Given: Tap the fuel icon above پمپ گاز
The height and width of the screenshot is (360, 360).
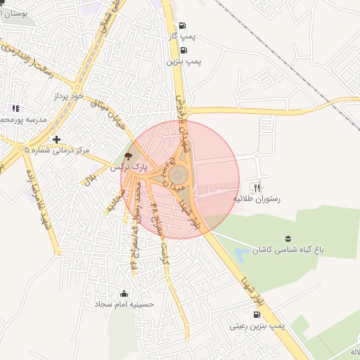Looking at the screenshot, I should point(183,24).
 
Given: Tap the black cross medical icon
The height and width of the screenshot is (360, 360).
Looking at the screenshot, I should point(56,139).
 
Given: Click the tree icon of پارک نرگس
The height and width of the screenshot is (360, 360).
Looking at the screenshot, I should point(127,156).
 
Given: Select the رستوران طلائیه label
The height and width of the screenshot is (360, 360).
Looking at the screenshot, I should point(257,199).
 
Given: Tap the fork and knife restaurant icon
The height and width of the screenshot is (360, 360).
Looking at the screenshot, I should point(257,187).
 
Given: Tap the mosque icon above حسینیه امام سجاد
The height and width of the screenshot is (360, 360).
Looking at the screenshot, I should point(124,292).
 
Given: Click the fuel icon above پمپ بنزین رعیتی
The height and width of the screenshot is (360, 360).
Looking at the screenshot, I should point(256,314).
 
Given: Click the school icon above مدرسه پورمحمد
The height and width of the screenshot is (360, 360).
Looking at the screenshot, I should point(14,108).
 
